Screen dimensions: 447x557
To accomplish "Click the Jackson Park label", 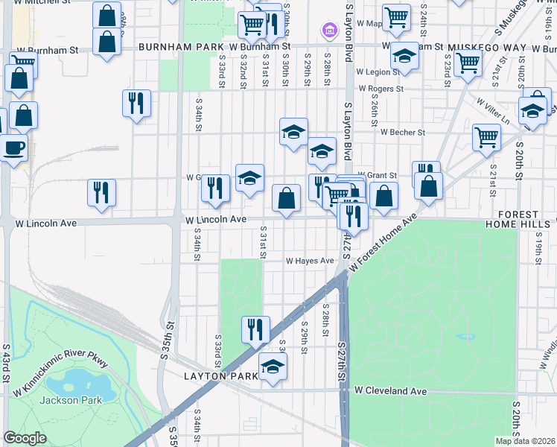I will (x=60, y=400).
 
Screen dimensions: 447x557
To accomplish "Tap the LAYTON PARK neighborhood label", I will (x=220, y=377).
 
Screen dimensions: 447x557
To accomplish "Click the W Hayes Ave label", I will (x=310, y=261).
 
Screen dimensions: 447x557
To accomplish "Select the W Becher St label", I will (x=402, y=133).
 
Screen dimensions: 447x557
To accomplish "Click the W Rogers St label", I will (x=380, y=89).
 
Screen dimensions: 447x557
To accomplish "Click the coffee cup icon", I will (x=13, y=146).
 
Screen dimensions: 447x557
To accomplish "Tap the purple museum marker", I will (x=328, y=31).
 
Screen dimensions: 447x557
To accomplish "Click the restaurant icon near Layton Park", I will (x=255, y=328).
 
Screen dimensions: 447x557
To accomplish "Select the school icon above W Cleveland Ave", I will (x=273, y=366).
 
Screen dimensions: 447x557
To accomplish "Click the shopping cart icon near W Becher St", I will (x=486, y=136).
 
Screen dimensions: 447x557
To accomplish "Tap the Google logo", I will (x=25, y=438).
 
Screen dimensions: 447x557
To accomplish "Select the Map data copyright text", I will (x=526, y=441).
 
